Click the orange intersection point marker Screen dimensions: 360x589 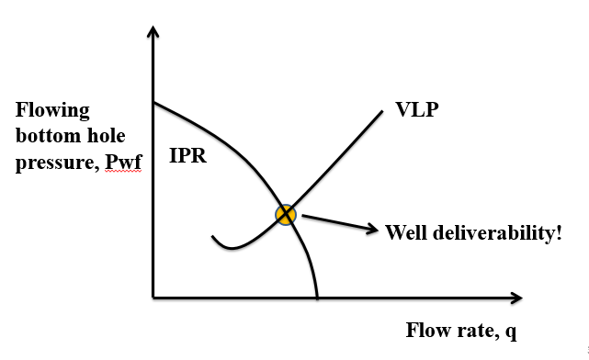click(286, 215)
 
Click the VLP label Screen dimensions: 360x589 click(417, 110)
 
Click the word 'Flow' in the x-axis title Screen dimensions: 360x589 click(426, 331)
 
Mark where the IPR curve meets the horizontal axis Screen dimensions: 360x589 click(317, 298)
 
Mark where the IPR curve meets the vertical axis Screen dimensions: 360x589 click(153, 102)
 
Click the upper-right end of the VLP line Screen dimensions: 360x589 click(381, 112)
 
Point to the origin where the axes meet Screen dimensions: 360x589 click(153, 298)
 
